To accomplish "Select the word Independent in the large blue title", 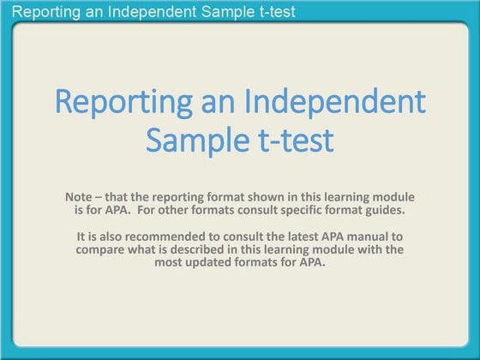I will pos(335,101).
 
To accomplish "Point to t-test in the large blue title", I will pos(291,139).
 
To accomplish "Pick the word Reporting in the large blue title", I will pos(123,101).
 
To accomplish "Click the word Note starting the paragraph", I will pos(80,196).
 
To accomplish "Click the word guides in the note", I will pos(396,208).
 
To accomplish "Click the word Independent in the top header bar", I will pos(153,12).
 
